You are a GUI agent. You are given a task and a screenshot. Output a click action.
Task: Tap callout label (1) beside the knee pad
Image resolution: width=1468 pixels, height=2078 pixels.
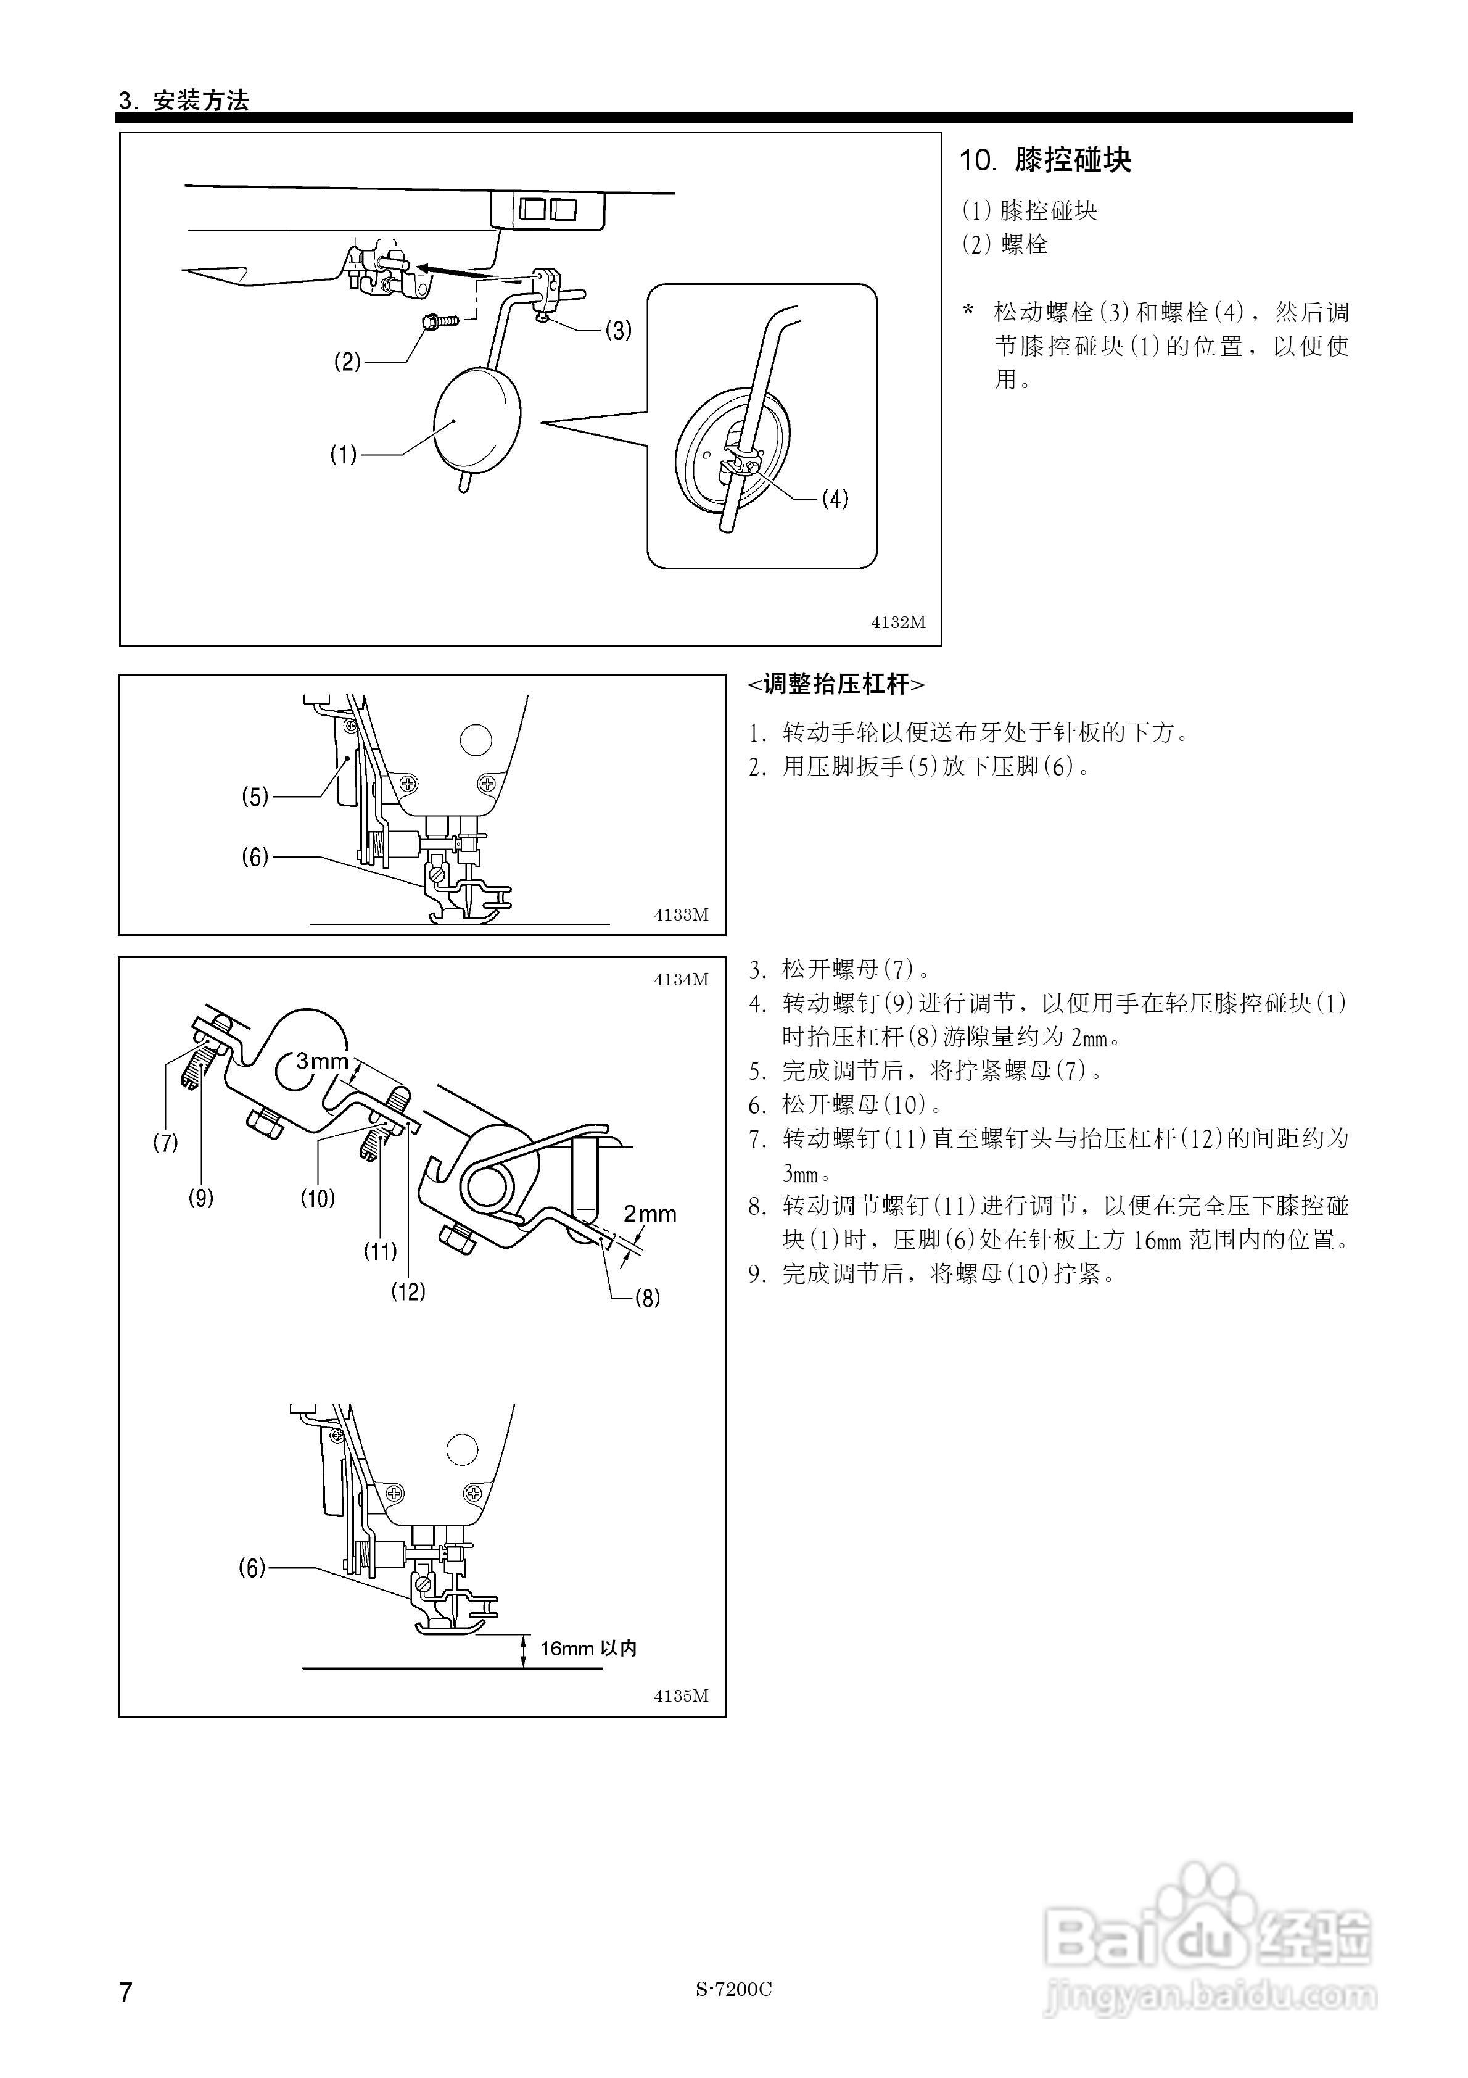click(343, 454)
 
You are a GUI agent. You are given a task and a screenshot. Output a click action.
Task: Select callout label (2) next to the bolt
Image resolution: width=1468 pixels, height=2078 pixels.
click(347, 362)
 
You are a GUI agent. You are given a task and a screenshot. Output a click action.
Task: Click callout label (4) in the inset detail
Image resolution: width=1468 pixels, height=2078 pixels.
click(835, 499)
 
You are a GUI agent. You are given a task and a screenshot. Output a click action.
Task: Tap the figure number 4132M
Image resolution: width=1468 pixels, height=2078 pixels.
click(898, 622)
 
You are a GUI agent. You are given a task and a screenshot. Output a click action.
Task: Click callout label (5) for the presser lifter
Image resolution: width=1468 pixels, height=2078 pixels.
click(255, 797)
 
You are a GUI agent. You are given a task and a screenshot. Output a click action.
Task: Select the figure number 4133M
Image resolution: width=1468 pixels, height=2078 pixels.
click(680, 914)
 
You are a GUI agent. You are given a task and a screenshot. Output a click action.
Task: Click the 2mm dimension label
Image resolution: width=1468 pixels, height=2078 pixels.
click(650, 1214)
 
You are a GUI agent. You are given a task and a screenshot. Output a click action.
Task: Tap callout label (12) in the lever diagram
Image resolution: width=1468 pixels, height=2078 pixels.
click(408, 1291)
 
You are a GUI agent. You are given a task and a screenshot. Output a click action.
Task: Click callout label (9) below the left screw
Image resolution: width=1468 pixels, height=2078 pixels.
click(201, 1198)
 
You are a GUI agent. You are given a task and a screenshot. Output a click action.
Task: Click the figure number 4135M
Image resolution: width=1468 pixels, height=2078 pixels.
click(680, 1695)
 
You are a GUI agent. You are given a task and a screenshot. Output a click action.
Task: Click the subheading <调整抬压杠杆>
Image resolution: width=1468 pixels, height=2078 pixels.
click(836, 684)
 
